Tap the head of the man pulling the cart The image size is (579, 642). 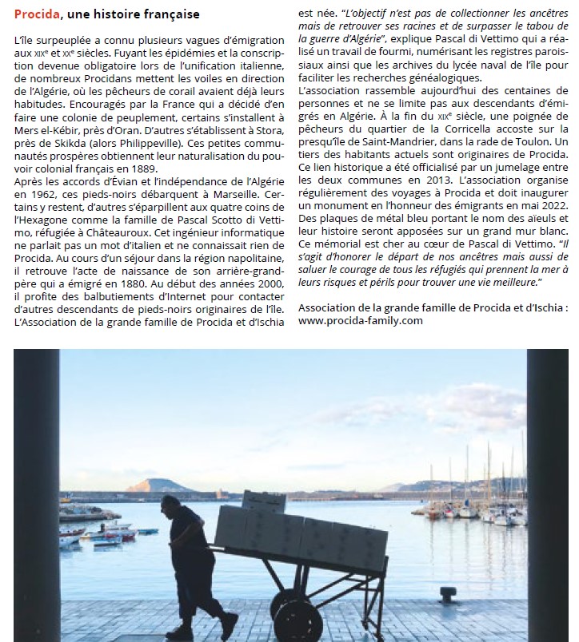pyautogui.click(x=170, y=504)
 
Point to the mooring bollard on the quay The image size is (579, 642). pyautogui.click(x=449, y=595)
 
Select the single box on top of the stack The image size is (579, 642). pyautogui.click(x=263, y=501)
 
